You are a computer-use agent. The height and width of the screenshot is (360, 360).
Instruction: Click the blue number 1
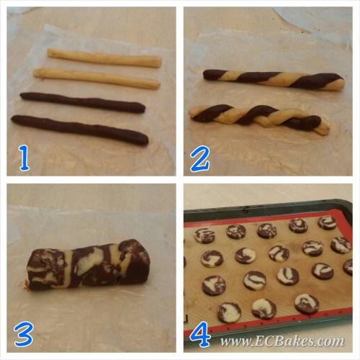pyautogui.click(x=24, y=159)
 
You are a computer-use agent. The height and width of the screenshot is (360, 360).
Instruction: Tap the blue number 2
pyautogui.click(x=199, y=159)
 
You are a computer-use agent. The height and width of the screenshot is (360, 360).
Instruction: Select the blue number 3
pyautogui.click(x=23, y=333)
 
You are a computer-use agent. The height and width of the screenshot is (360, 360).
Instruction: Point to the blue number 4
pyautogui.click(x=200, y=334)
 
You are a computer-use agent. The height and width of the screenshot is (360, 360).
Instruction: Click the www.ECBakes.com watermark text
pyautogui.click(x=282, y=341)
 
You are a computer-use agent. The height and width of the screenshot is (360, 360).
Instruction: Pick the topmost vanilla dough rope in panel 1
pyautogui.click(x=104, y=58)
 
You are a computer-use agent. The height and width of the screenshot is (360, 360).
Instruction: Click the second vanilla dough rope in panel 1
pyautogui.click(x=96, y=78)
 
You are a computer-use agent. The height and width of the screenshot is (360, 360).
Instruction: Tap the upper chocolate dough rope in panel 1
pyautogui.click(x=83, y=102)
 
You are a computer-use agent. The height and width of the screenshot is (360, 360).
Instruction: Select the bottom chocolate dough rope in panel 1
pyautogui.click(x=80, y=130)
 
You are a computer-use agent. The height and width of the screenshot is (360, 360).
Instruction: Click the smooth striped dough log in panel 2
pyautogui.click(x=274, y=80)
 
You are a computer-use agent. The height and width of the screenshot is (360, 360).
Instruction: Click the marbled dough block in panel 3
pyautogui.click(x=88, y=264)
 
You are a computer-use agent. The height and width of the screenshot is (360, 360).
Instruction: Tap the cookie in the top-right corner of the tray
pyautogui.click(x=328, y=222)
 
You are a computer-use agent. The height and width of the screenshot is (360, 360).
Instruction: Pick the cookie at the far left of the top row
pyautogui.click(x=204, y=235)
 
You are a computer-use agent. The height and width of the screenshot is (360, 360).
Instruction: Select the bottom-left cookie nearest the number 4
pyautogui.click(x=229, y=312)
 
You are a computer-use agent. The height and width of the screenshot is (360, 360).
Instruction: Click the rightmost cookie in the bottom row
pyautogui.click(x=307, y=304)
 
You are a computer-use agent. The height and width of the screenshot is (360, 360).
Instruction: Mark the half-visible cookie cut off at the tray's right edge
pyautogui.click(x=348, y=267)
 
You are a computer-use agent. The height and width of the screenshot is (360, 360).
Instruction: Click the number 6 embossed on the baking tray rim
pyautogui.click(x=246, y=211)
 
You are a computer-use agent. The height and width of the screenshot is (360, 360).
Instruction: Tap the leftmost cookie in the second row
pyautogui.click(x=212, y=258)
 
